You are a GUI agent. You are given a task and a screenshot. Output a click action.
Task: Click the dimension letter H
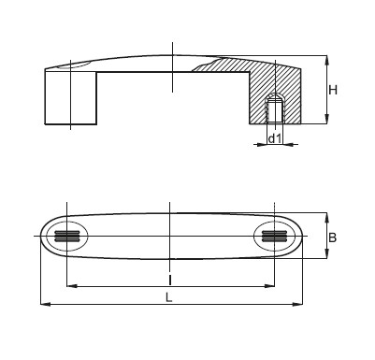click(333, 91)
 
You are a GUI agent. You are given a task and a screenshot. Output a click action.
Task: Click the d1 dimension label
click(275, 138)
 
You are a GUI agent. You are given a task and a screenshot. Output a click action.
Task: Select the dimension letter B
click(333, 238)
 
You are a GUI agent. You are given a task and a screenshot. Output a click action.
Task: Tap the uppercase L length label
click(168, 297)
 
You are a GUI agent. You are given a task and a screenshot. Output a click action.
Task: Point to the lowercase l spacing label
click(170, 280)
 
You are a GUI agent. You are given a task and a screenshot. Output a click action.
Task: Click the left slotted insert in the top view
click(67, 237)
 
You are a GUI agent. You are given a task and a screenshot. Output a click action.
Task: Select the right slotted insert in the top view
click(274, 237)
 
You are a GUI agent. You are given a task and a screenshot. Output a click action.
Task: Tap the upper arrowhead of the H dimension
click(326, 60)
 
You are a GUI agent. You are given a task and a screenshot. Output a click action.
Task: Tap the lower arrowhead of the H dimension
click(326, 119)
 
